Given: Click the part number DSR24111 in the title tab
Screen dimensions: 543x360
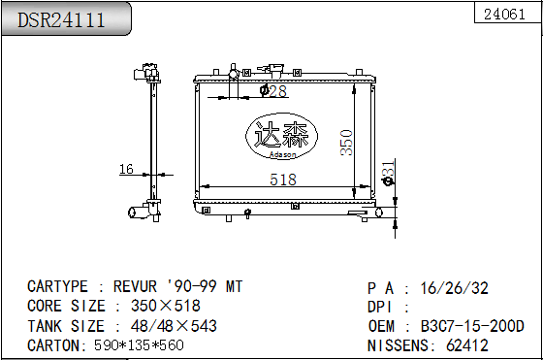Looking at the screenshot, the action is pos(61,19).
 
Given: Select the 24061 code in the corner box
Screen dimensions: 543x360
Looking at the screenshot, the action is pos(504,15).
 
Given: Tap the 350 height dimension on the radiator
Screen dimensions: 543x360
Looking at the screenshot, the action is pos(346,143).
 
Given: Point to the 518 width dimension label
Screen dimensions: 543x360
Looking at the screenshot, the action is pos(283,180).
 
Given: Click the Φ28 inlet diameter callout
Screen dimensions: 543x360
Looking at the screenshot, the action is pos(273,91).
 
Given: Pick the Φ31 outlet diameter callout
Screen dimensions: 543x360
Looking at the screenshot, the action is pos(388,173).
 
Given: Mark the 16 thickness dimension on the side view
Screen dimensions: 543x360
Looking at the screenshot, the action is pos(126,169).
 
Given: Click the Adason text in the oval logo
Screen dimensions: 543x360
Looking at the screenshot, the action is pos(282,154).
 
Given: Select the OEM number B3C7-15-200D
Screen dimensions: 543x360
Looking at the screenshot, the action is pos(472,326).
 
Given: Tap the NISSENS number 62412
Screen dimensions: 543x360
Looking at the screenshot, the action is pos(467,345).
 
